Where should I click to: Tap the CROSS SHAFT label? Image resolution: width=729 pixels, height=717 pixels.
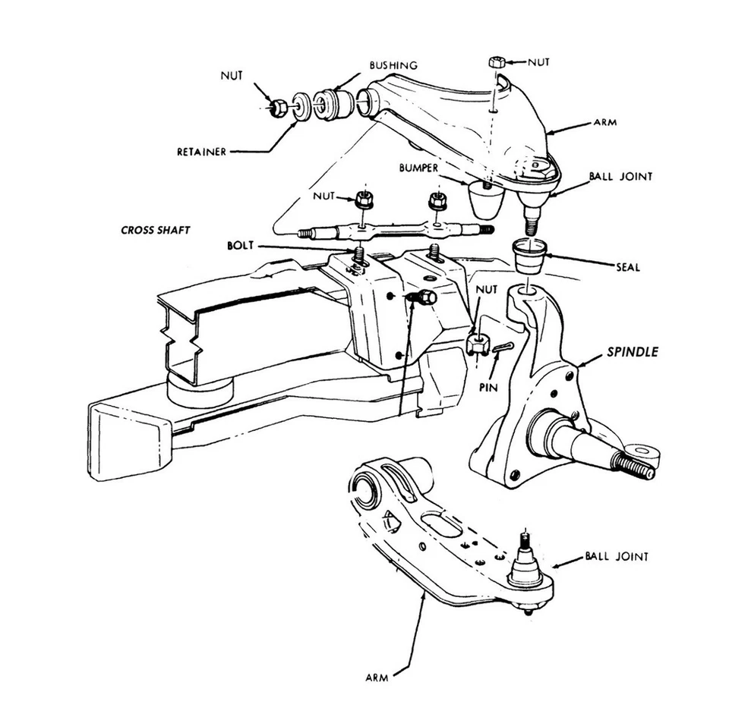(156, 230)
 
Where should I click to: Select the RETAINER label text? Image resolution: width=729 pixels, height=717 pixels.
(201, 152)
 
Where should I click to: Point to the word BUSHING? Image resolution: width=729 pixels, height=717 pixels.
(393, 66)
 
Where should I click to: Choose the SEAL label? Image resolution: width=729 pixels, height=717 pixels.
(627, 267)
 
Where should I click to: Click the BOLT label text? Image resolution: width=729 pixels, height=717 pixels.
(241, 247)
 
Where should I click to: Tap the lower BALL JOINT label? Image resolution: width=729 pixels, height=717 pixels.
(617, 556)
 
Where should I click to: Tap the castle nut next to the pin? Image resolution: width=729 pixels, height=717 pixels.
(476, 344)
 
